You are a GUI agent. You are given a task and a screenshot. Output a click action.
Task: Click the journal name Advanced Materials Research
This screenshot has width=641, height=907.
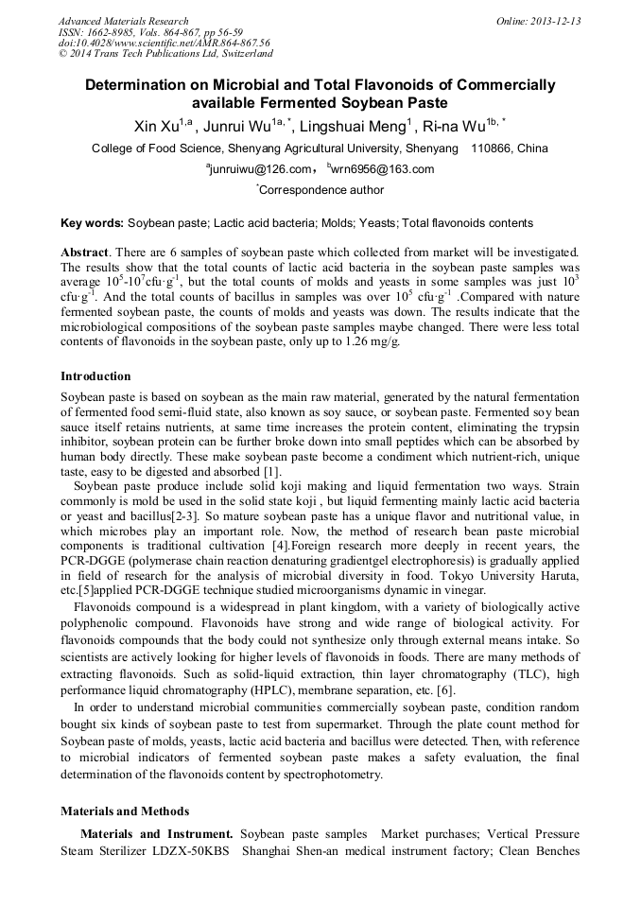coord(123,21)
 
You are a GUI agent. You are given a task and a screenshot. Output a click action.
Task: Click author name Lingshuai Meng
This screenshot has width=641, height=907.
coord(353,125)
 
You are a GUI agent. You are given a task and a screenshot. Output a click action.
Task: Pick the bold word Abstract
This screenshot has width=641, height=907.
coord(85,253)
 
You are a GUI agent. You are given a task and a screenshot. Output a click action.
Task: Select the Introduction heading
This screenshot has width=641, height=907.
coord(95,376)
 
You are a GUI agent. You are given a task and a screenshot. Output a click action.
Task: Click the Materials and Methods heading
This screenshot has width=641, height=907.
coord(125,811)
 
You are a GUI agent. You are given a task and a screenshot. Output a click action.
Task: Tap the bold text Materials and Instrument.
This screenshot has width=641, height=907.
coord(156,834)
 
